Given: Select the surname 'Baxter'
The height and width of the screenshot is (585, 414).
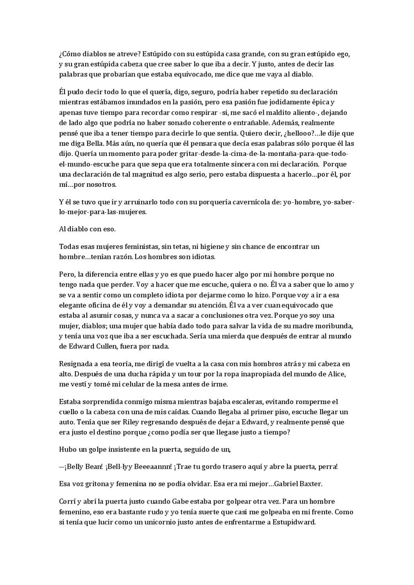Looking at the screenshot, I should coord(311,484).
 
